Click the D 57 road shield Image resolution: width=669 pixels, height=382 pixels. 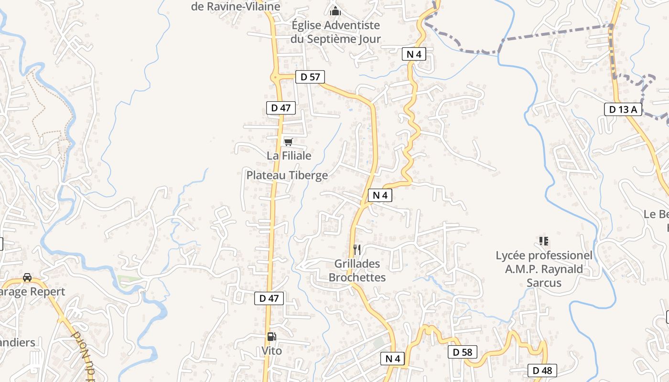pos(310,76)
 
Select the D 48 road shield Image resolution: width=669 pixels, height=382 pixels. pos(542,370)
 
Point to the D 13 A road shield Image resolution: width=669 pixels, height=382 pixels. pos(623,109)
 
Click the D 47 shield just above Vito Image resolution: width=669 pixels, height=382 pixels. pos(269,298)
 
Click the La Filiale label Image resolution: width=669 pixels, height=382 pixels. pos(289,156)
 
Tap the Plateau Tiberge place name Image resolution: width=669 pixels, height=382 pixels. pos(287,175)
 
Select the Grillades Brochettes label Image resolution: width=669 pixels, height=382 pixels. pos(357,270)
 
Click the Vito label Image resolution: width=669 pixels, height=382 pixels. pos(271,351)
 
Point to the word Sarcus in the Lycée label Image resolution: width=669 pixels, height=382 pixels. pos(544,283)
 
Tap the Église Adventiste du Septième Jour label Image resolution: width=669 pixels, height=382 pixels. pos(335,32)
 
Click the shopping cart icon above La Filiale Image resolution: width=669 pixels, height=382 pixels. pos(288,142)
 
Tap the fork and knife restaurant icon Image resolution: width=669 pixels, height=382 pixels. pos(356,249)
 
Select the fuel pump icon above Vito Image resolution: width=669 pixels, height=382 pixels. pos(271,337)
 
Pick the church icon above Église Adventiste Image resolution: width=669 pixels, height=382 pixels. pos(335,11)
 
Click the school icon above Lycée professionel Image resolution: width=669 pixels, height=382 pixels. pos(543,241)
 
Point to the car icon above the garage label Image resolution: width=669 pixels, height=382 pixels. pos(27,277)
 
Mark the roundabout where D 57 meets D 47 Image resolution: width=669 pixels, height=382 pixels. pos(276,76)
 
